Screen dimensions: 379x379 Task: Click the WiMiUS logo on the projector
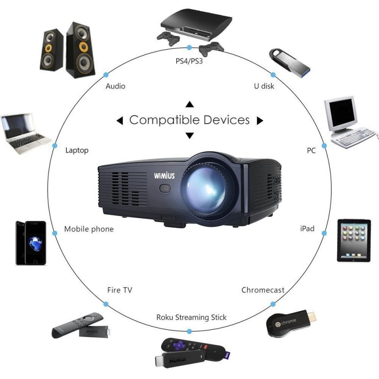[x=164, y=175]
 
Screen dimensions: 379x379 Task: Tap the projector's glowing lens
[x=206, y=189]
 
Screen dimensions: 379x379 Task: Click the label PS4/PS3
[x=189, y=61]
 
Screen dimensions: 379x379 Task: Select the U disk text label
[x=264, y=86]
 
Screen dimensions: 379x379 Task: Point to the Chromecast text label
[x=263, y=290]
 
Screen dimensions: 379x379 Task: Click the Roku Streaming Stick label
[x=191, y=317]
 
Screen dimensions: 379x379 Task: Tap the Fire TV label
[x=120, y=290]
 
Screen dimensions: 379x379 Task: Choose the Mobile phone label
[x=89, y=229]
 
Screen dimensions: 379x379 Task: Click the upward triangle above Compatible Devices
[x=190, y=104]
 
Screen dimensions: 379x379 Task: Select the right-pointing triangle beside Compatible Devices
[x=260, y=120]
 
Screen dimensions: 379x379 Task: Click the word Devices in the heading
[x=226, y=120]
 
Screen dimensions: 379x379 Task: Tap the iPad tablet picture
[x=354, y=241]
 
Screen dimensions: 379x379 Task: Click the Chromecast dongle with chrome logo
[x=291, y=323]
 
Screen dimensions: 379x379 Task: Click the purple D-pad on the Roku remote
[x=179, y=345]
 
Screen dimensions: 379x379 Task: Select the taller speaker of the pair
[x=81, y=50]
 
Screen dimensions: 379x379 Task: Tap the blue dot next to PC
[x=324, y=145]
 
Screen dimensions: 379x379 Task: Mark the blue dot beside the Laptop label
[x=54, y=146]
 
